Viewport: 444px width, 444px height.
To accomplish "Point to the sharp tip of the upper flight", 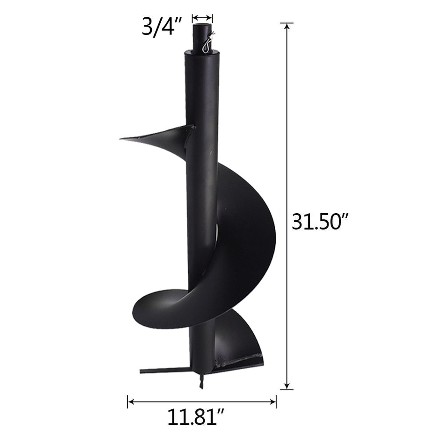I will click(122, 138).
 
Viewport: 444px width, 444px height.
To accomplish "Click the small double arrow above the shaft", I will click(202, 18).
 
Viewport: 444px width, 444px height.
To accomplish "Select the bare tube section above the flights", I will click(201, 93).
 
